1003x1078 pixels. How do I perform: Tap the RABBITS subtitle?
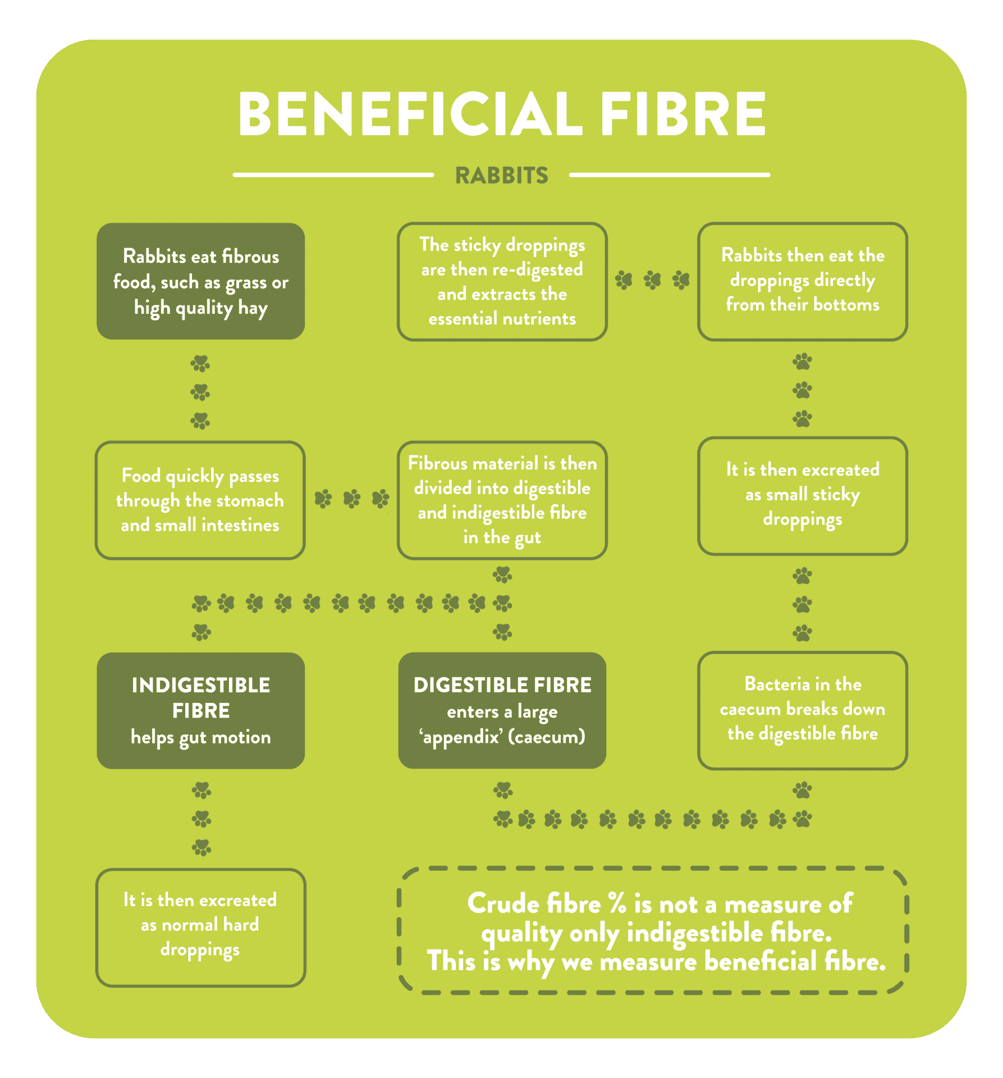[501, 176]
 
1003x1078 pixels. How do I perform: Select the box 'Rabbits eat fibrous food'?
[201, 281]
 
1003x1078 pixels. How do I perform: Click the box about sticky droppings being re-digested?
[502, 281]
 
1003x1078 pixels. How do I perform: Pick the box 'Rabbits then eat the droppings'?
[803, 281]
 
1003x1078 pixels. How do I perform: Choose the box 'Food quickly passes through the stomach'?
[200, 500]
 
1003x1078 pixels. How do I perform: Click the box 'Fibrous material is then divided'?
[502, 500]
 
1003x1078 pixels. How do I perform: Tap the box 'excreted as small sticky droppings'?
[803, 496]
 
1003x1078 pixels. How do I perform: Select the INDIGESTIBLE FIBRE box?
[201, 710]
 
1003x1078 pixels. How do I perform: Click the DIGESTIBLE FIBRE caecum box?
[502, 710]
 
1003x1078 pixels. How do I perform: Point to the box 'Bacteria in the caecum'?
[803, 710]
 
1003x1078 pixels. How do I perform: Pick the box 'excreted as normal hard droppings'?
[200, 928]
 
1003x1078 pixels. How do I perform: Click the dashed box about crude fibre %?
[653, 930]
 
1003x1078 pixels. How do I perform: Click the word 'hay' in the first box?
[253, 308]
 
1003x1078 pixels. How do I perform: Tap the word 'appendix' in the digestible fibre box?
[461, 737]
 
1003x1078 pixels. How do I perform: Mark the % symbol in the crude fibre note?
[617, 904]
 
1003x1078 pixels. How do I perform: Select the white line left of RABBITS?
[333, 175]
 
